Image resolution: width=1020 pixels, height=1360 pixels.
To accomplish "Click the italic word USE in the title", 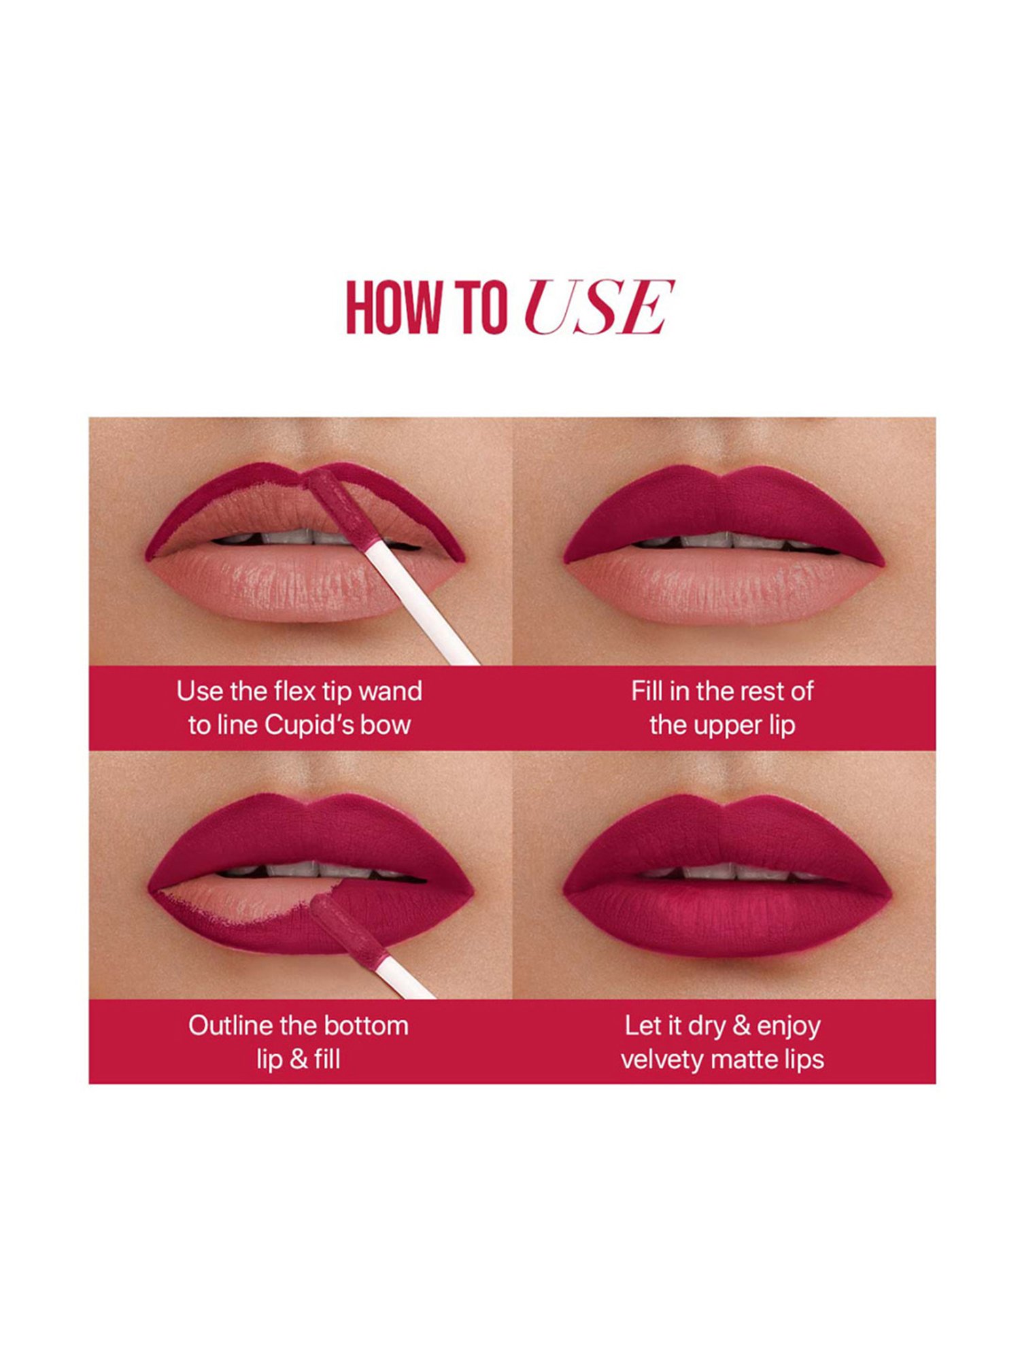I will point(598,307).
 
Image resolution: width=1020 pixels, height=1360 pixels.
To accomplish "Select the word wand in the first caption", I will point(390,692).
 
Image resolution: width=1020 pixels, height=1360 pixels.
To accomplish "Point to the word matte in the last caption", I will point(745,1059).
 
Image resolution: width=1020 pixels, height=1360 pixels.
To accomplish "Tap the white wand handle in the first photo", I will point(422,605).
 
